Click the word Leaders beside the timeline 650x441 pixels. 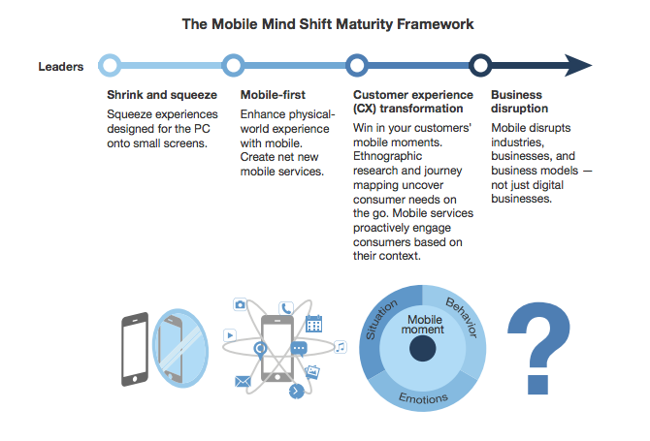click(60, 67)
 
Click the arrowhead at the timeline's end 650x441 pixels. click(578, 66)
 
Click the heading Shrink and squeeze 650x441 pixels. click(162, 95)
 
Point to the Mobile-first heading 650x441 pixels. click(273, 95)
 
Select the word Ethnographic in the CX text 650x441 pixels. click(387, 156)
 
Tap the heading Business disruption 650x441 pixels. click(519, 102)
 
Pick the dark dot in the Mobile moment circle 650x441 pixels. click(422, 348)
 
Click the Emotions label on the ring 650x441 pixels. click(423, 398)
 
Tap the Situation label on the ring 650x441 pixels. click(380, 320)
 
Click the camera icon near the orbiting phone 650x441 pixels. click(240, 304)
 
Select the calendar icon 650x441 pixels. click(313, 324)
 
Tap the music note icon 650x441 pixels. click(341, 347)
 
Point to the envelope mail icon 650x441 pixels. click(243, 381)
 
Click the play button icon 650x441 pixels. click(230, 335)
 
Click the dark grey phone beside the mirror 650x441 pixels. click(135, 350)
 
